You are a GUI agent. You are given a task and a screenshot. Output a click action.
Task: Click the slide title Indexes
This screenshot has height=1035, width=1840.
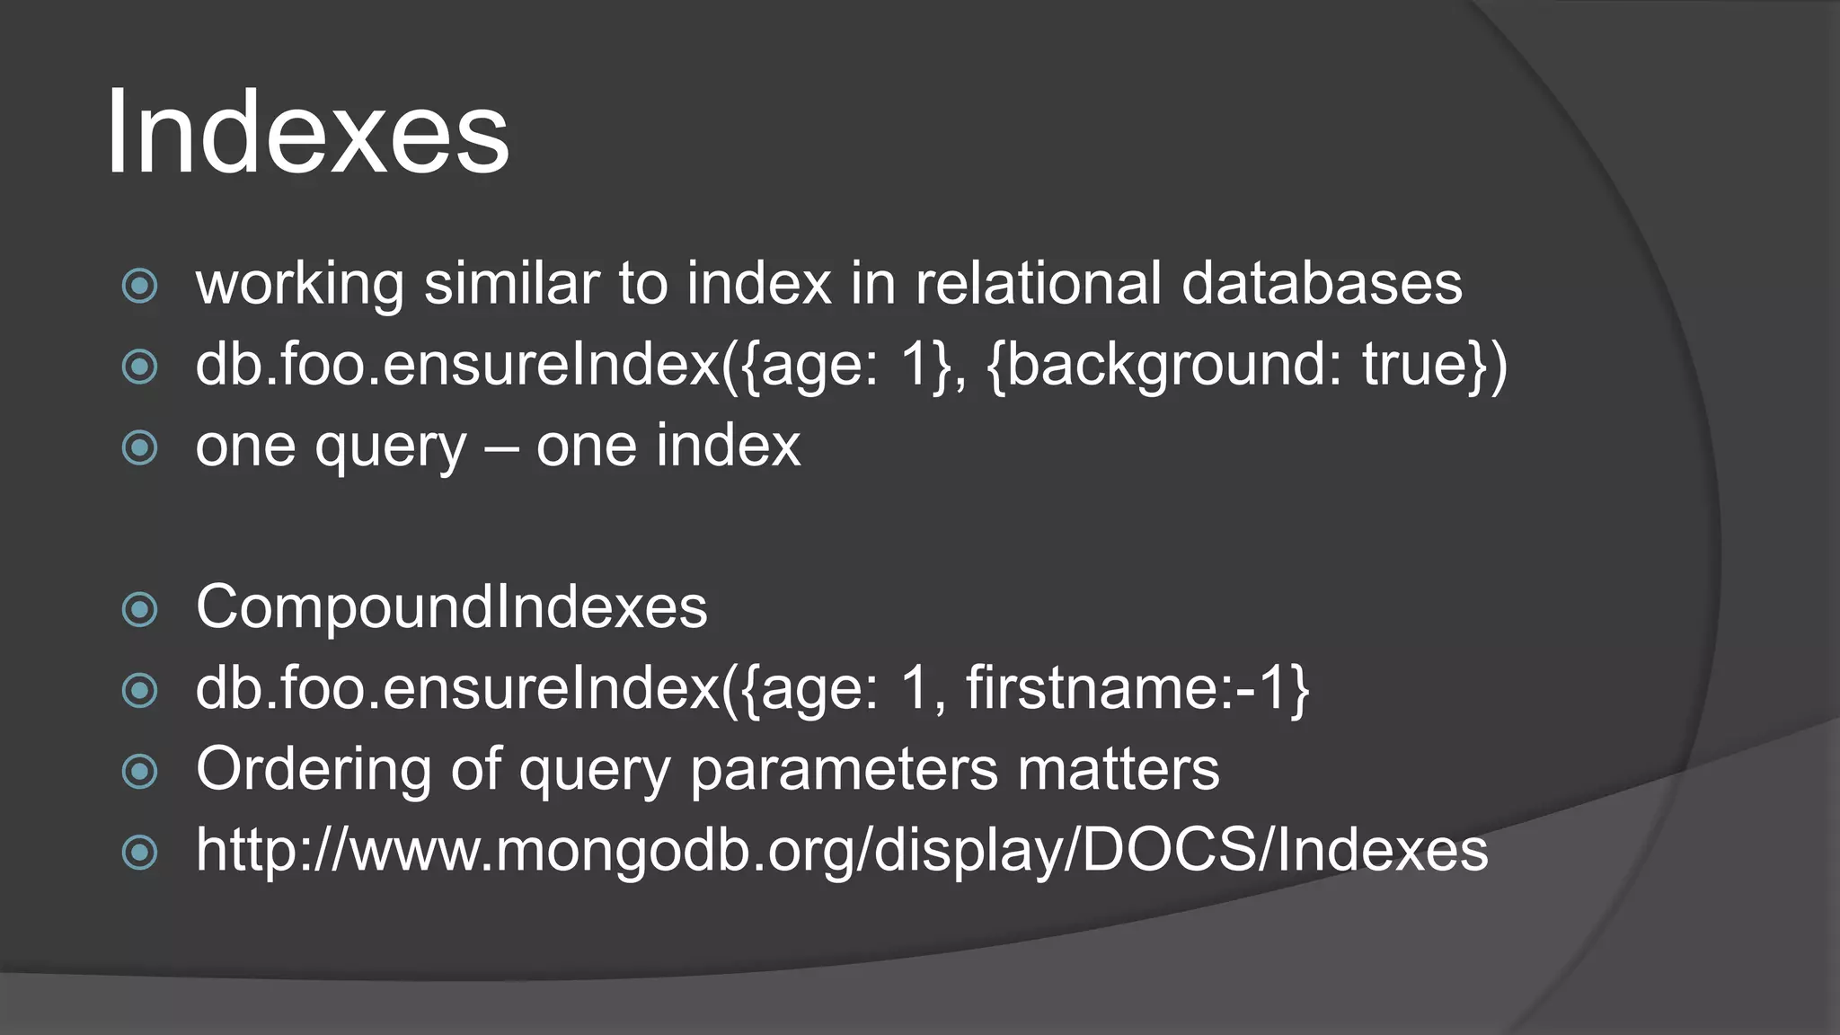[x=307, y=133]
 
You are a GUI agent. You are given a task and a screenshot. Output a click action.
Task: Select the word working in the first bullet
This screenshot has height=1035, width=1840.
[x=299, y=284]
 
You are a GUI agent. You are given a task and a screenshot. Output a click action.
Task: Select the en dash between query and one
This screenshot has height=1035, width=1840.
[x=501, y=447]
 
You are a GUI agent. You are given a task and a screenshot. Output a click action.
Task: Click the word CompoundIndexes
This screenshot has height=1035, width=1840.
[x=451, y=607]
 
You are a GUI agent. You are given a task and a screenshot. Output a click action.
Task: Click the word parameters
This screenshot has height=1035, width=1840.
[x=844, y=770]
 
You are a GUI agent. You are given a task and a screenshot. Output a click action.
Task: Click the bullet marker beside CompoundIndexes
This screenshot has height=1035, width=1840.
[x=140, y=610]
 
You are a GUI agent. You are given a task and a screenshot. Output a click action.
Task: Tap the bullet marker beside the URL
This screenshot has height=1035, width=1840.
[x=140, y=852]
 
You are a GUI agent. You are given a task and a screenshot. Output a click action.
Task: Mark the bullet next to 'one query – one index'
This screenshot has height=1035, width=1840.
[x=140, y=447]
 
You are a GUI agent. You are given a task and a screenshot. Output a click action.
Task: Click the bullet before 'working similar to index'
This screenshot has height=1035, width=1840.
[x=140, y=287]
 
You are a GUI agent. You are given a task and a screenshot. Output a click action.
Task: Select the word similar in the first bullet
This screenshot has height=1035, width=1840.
[x=511, y=284]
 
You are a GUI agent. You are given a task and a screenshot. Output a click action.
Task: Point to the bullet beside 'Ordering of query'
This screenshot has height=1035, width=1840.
[x=140, y=771]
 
